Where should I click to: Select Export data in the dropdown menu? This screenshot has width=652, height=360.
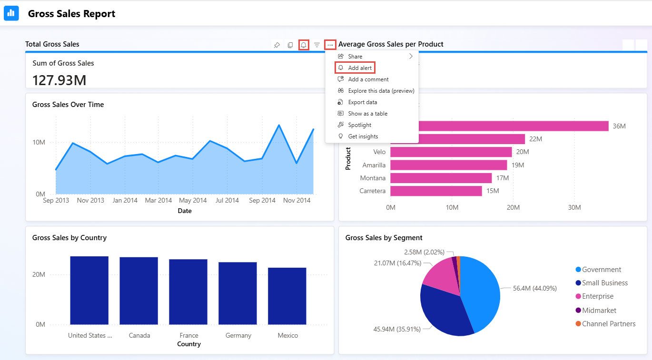pyautogui.click(x=362, y=102)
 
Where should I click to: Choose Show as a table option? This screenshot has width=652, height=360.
pyautogui.click(x=367, y=114)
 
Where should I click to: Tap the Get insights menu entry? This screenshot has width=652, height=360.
pyautogui.click(x=363, y=136)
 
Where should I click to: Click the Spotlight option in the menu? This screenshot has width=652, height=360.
pyautogui.click(x=359, y=125)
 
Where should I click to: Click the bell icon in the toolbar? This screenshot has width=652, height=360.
pyautogui.click(x=304, y=45)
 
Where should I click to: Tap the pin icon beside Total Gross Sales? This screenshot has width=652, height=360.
pyautogui.click(x=277, y=45)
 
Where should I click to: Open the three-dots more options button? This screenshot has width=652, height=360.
pyautogui.click(x=330, y=45)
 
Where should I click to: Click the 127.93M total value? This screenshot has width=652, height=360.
pyautogui.click(x=59, y=80)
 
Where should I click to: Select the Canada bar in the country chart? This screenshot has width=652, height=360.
pyautogui.click(x=138, y=291)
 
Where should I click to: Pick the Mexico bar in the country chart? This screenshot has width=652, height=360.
pyautogui.click(x=287, y=296)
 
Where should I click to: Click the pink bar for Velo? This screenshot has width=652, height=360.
pyautogui.click(x=451, y=152)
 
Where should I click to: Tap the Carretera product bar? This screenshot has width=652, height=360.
pyautogui.click(x=436, y=191)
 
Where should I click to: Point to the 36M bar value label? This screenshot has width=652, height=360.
pyautogui.click(x=619, y=126)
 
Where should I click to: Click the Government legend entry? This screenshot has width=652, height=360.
pyautogui.click(x=602, y=270)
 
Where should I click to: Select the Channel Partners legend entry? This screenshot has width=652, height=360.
pyautogui.click(x=608, y=324)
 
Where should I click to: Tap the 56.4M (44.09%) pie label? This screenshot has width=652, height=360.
pyautogui.click(x=534, y=288)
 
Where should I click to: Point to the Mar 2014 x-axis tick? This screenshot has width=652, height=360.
pyautogui.click(x=158, y=201)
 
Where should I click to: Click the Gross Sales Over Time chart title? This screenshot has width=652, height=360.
pyautogui.click(x=68, y=105)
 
